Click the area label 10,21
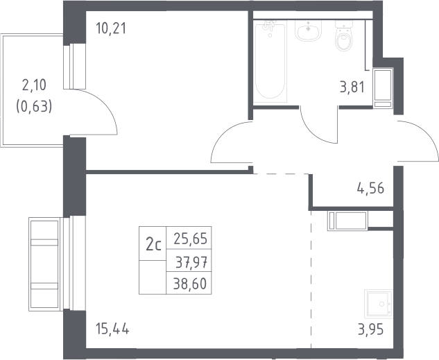[111, 28]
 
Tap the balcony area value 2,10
[34, 85]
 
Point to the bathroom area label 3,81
[352, 87]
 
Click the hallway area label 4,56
[370, 189]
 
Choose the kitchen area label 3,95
[370, 329]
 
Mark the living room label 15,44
[112, 329]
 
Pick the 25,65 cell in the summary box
[189, 238]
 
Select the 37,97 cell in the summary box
[189, 261]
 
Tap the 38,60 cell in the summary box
[189, 283]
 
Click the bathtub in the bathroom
[270, 61]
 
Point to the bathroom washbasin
[308, 31]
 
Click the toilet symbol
[343, 36]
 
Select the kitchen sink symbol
[379, 303]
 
